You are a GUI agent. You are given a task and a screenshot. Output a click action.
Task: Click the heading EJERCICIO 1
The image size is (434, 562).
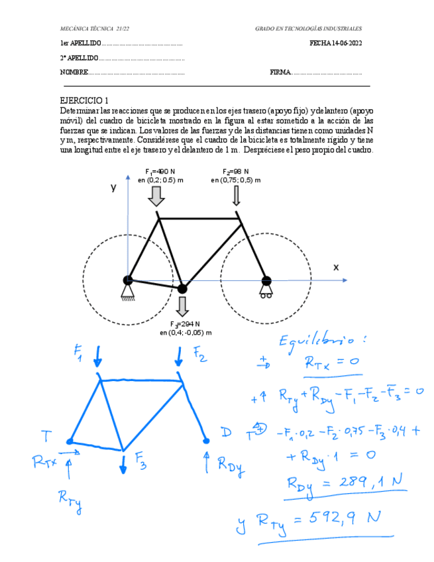(84, 100)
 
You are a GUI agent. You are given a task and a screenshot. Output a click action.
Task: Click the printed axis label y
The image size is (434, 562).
(113, 188)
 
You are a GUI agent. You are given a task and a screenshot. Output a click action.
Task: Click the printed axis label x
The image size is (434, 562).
(336, 267)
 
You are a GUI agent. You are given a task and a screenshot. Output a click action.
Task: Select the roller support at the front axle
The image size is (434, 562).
(266, 290)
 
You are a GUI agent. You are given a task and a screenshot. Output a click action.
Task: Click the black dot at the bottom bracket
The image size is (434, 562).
(182, 288)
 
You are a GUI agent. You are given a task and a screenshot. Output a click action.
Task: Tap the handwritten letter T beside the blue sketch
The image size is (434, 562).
(46, 436)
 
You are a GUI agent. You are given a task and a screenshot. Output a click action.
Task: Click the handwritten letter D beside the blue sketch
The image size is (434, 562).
(226, 433)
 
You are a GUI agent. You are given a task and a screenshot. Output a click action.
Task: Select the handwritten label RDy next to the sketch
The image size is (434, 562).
(231, 465)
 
